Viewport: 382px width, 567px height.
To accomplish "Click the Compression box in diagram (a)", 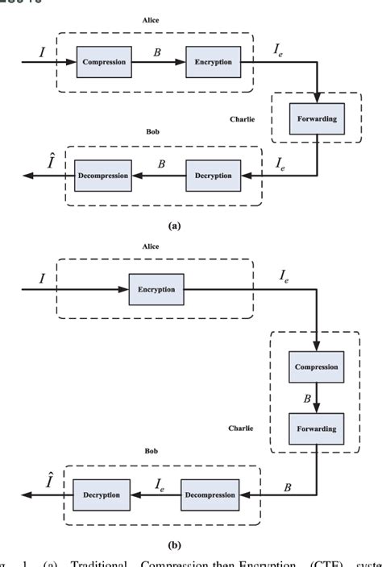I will pyautogui.click(x=104, y=62).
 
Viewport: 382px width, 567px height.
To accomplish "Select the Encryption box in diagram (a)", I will pyautogui.click(x=213, y=62).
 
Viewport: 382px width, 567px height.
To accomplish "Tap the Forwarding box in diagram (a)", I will pyautogui.click(x=316, y=119).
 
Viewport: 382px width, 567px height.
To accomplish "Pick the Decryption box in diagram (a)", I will pyautogui.click(x=213, y=175).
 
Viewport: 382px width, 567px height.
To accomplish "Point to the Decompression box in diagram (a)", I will pyautogui.click(x=103, y=175).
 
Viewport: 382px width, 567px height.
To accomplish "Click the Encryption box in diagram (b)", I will pyautogui.click(x=156, y=289).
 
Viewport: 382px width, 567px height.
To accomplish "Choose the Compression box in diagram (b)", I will pyautogui.click(x=316, y=367).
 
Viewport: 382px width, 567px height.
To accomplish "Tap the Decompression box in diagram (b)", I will pyautogui.click(x=209, y=494).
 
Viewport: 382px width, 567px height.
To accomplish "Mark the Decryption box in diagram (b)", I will pyautogui.click(x=101, y=494).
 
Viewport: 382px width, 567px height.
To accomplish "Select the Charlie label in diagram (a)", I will pyautogui.click(x=242, y=118).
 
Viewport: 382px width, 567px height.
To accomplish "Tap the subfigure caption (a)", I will pyautogui.click(x=174, y=227).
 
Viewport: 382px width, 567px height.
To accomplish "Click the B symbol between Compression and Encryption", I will pyautogui.click(x=160, y=52).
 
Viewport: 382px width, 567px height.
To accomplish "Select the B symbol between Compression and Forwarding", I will pyautogui.click(x=307, y=397).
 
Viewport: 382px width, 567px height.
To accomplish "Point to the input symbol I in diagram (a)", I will pyautogui.click(x=42, y=52).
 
